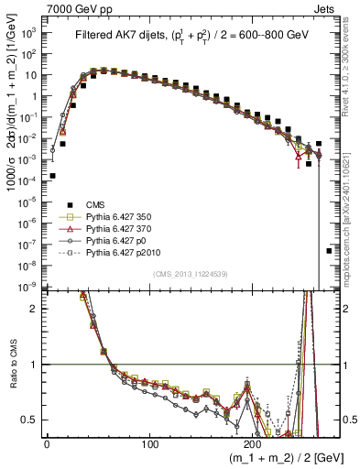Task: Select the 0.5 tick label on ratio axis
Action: click(31, 420)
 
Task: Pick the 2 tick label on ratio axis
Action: click(35, 309)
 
